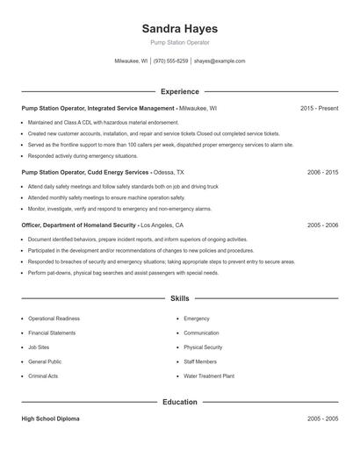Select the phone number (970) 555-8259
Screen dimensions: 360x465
170,61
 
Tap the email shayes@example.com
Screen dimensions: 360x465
220,61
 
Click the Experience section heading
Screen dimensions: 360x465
179,91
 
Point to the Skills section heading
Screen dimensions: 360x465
179,299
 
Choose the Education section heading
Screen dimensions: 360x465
179,402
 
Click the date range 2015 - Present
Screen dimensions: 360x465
319,108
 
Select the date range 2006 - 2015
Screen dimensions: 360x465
322,173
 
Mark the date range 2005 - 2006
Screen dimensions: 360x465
322,225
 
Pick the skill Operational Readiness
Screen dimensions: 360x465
54,318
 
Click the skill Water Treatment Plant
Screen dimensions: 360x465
209,376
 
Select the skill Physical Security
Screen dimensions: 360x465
203,347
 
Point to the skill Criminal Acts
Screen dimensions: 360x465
43,376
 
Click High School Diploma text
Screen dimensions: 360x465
50,419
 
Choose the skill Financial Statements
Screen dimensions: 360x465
52,333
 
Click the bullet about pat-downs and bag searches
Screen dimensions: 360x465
123,273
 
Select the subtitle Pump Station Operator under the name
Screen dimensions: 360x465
179,43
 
